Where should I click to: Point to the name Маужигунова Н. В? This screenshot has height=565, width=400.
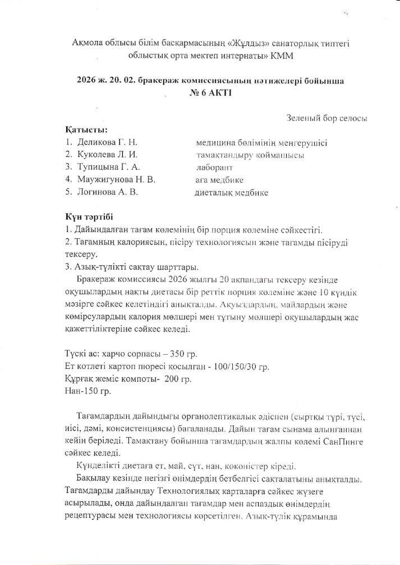click(x=115, y=180)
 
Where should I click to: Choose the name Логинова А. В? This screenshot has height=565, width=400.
click(x=107, y=192)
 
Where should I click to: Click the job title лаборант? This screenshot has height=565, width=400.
click(x=215, y=167)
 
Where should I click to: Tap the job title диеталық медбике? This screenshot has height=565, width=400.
click(x=231, y=192)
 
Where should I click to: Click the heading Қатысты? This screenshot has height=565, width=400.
click(x=86, y=130)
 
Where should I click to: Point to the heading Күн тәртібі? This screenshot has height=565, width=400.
click(x=91, y=217)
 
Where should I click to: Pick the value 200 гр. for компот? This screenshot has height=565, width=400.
click(x=178, y=379)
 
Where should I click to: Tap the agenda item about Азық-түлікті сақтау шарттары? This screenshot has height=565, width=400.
click(x=132, y=266)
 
